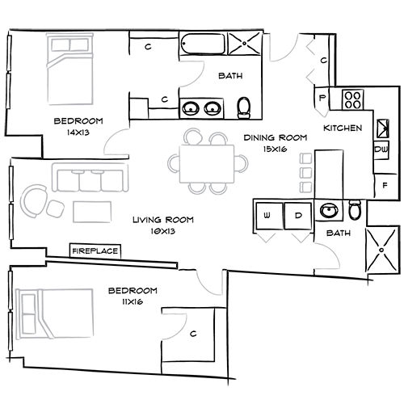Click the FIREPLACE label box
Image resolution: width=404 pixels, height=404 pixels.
[x=95, y=251]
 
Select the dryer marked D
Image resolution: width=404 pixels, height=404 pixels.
[x=297, y=216]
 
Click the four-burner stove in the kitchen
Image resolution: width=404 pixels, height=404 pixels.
[x=353, y=100]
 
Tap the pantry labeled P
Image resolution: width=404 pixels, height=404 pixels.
[x=322, y=99]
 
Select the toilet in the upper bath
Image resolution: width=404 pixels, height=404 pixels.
[x=246, y=107]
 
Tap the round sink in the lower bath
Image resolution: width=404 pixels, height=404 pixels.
[x=328, y=212]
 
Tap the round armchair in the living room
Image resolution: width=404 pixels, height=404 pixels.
[x=35, y=199]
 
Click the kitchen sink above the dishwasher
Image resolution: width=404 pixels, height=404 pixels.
[x=383, y=126]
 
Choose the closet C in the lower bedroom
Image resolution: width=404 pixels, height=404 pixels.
[x=194, y=333]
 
